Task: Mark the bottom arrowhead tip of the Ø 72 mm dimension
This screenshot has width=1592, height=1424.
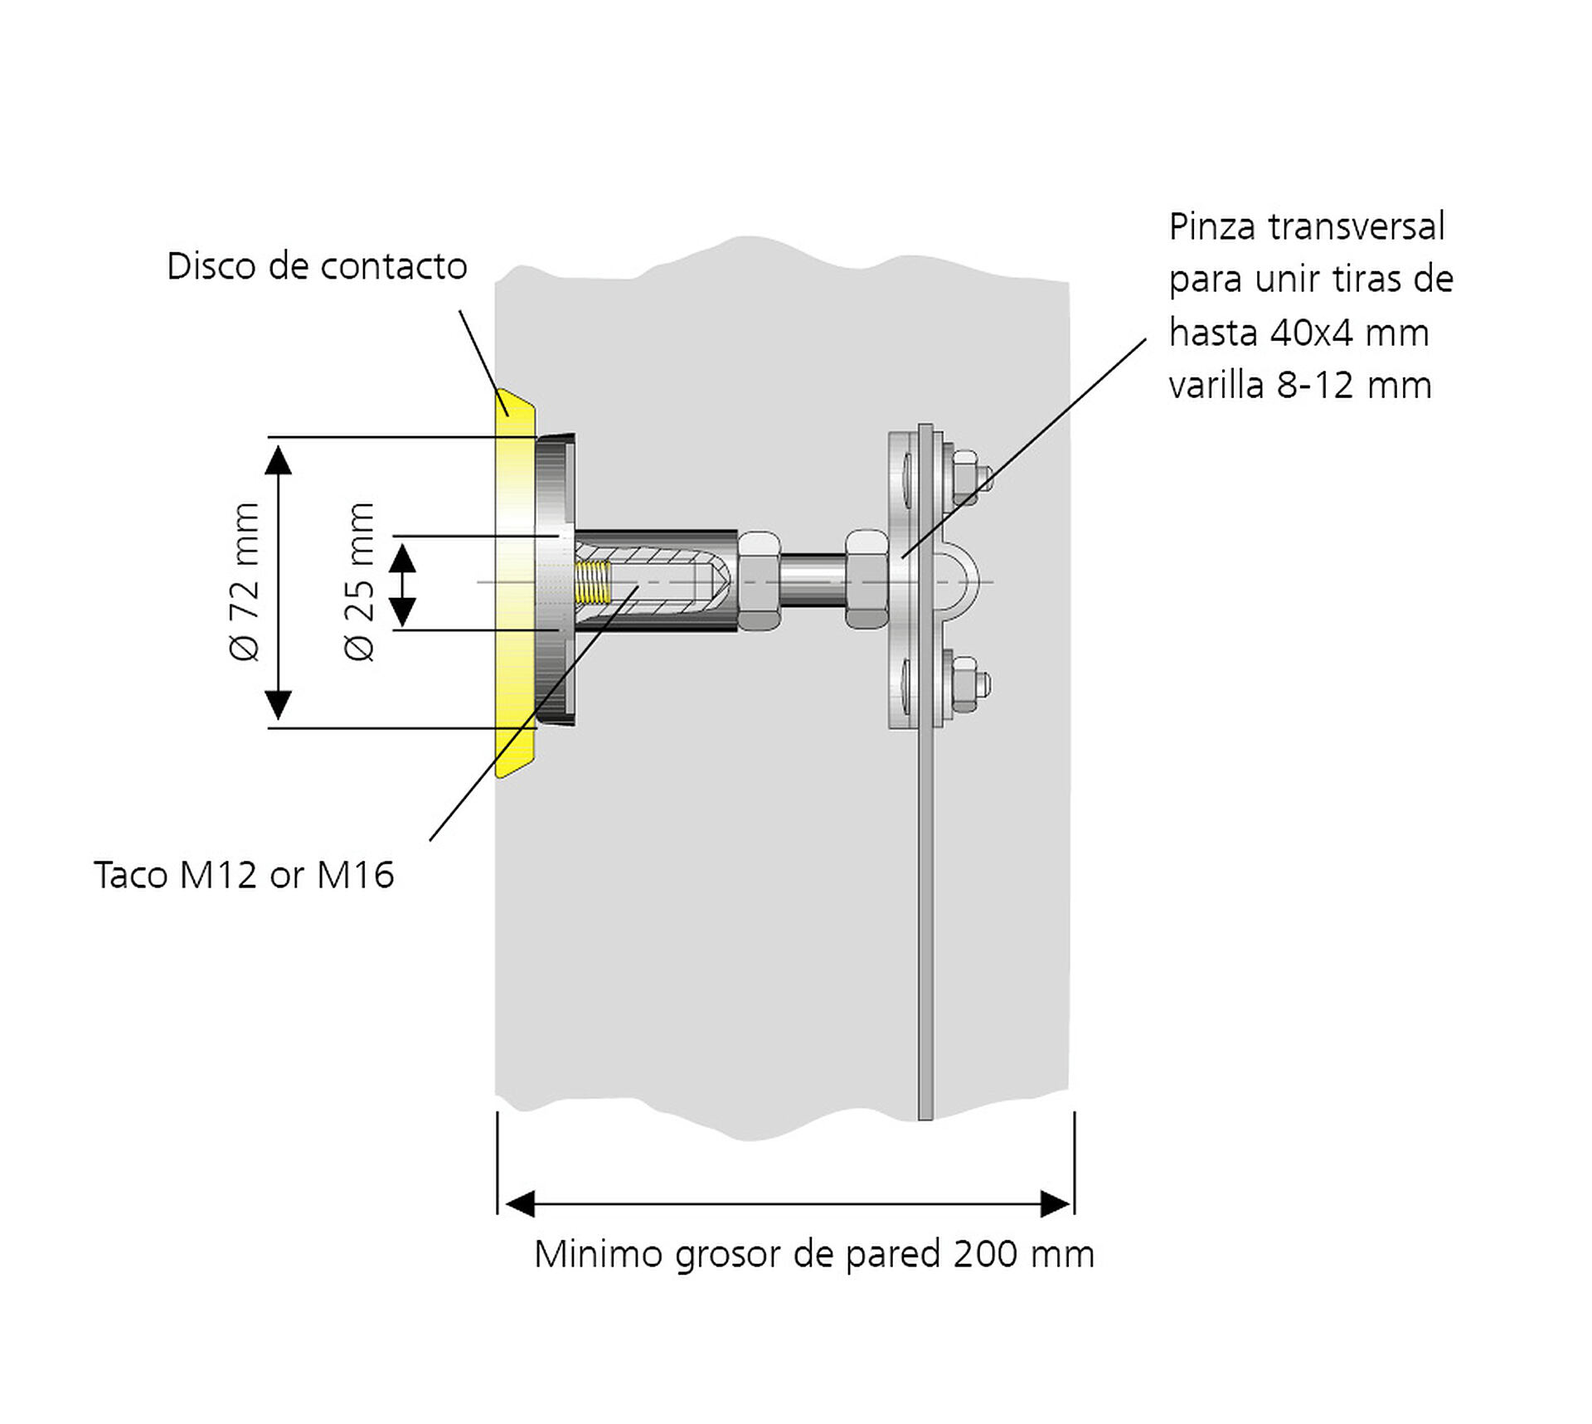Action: [x=279, y=720]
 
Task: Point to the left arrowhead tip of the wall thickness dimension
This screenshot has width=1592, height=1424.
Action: [x=506, y=1204]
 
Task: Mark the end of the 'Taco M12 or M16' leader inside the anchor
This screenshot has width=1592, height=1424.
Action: [x=638, y=586]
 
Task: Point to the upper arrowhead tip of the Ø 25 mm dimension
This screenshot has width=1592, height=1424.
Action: [x=402, y=545]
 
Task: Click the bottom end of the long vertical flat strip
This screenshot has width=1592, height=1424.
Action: [x=925, y=1119]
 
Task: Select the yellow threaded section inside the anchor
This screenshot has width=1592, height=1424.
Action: [x=592, y=582]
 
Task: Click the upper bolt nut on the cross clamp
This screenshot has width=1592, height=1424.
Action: [x=970, y=478]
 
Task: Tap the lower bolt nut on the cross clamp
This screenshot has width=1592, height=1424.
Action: [x=970, y=685]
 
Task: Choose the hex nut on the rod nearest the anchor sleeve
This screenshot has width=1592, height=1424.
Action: [x=760, y=581]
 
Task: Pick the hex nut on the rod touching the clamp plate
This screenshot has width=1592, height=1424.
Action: [x=867, y=580]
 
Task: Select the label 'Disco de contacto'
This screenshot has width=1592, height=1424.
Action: [x=318, y=266]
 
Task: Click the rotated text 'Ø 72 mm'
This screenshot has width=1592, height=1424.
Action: [x=245, y=581]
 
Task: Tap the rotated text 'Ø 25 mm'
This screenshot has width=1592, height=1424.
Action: [x=360, y=581]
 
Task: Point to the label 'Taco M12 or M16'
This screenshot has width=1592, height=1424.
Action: [x=244, y=875]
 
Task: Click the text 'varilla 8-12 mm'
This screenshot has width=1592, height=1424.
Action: [x=1300, y=386]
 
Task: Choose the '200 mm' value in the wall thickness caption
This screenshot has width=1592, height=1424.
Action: [x=1024, y=1254]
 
